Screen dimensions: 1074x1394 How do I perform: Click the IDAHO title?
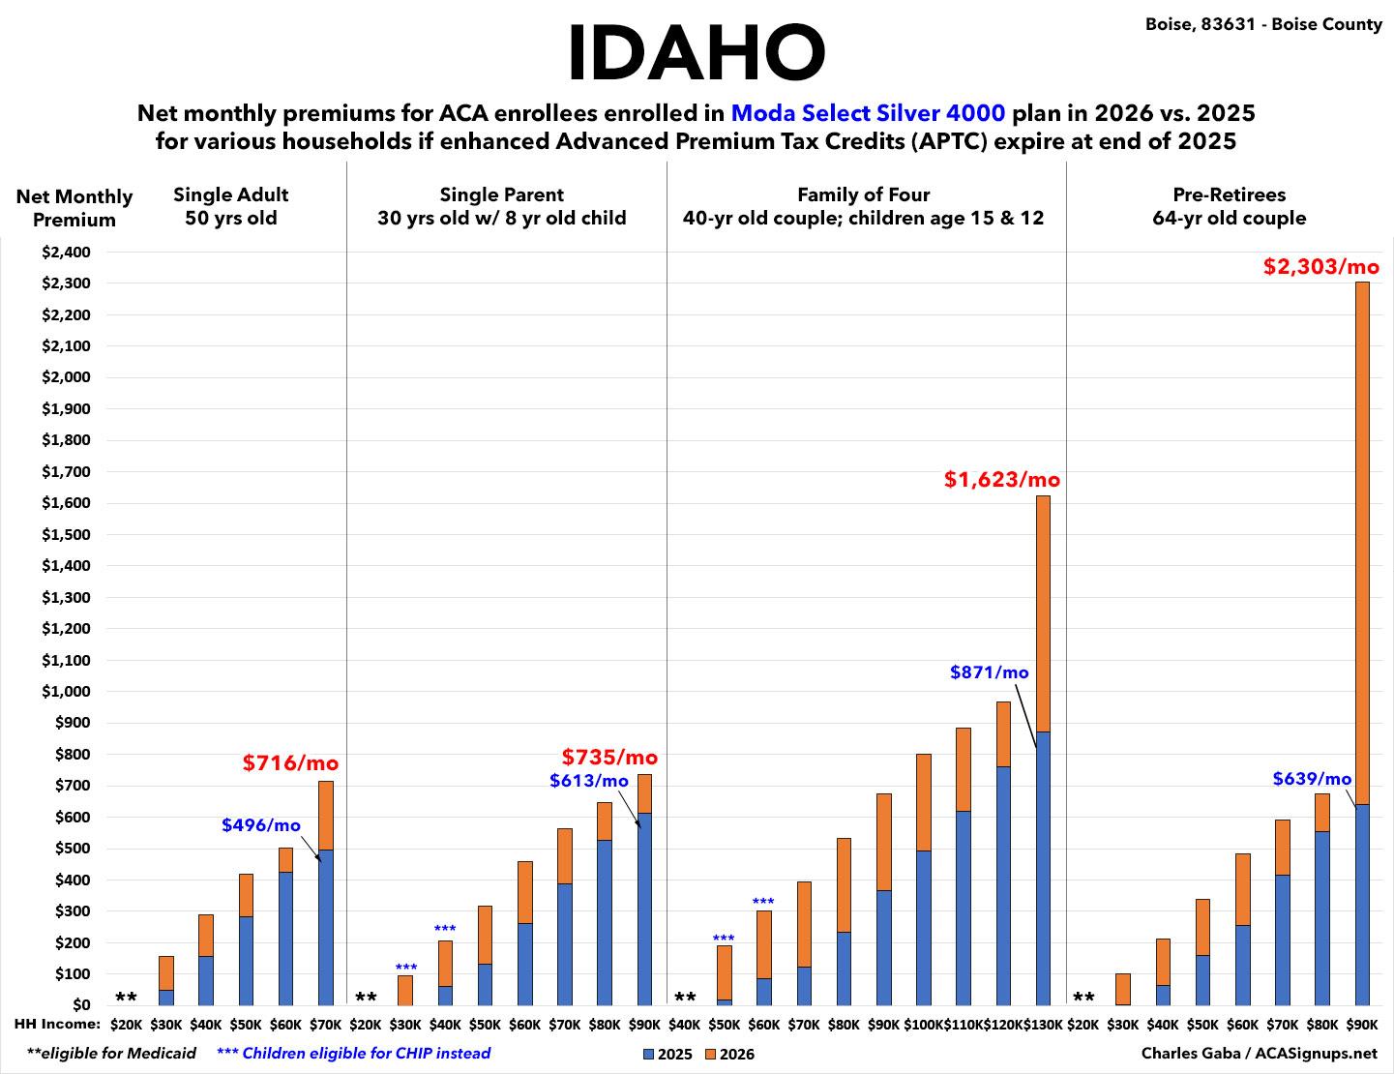click(x=696, y=53)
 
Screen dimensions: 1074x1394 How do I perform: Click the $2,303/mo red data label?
click(x=1320, y=266)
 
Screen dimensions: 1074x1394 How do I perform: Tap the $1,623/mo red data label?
click(x=1001, y=479)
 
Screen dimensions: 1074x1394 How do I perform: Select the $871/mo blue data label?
click(x=989, y=672)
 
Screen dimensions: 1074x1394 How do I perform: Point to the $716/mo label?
click(x=290, y=763)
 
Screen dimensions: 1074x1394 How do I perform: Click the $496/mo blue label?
click(x=260, y=825)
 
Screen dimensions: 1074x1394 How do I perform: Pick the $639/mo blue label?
click(x=1311, y=779)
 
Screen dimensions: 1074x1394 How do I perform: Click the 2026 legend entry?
click(x=729, y=1055)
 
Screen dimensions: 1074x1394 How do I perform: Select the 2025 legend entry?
click(x=668, y=1055)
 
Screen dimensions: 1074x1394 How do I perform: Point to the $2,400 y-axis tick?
click(x=67, y=253)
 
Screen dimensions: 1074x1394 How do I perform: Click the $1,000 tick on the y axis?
click(x=67, y=692)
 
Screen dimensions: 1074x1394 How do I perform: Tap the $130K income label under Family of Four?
click(x=1042, y=1025)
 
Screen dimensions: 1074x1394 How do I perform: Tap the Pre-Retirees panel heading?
click(x=1229, y=206)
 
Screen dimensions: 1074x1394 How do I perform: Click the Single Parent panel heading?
click(x=501, y=206)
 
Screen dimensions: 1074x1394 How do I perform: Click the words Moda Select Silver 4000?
click(x=868, y=113)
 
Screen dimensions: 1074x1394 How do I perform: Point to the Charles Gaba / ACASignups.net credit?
click(x=1259, y=1054)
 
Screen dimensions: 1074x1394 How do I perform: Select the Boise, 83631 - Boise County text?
click(x=1263, y=24)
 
